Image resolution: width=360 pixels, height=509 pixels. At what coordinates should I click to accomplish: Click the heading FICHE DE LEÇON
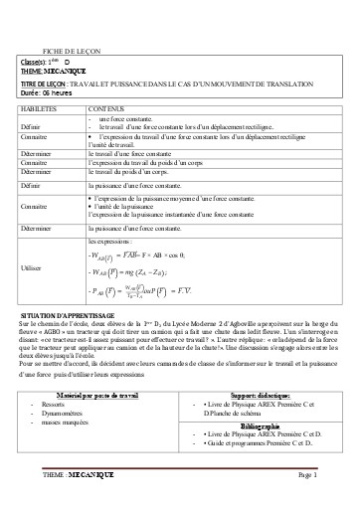71,50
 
